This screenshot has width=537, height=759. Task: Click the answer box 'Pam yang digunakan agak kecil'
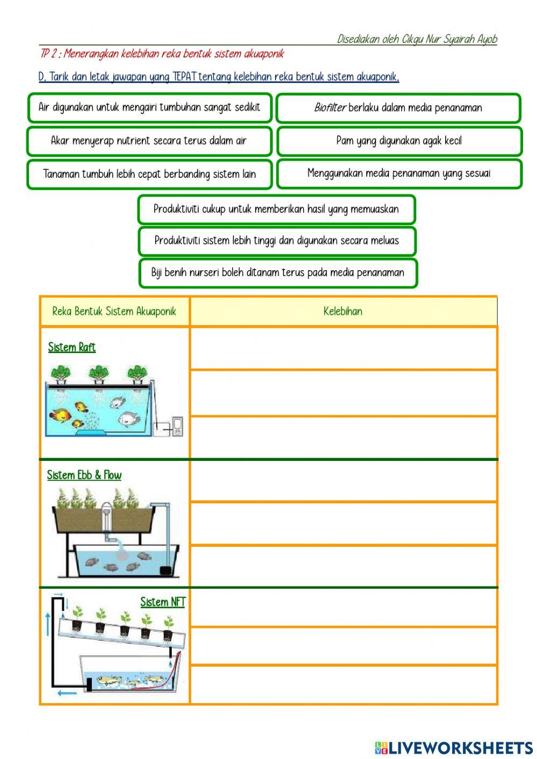398,141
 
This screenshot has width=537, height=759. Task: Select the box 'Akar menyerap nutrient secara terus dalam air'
149,141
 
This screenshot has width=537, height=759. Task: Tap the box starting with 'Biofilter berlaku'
398,107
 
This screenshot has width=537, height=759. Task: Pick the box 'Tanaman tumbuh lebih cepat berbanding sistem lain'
149,174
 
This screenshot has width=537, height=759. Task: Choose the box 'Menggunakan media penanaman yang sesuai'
399,174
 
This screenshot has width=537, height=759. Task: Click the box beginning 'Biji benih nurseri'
278,272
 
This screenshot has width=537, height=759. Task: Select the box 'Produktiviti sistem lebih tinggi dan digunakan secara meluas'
277,241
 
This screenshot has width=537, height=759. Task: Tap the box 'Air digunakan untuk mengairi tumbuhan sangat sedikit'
149,107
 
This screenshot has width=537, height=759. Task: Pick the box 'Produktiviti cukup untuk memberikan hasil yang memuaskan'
276,209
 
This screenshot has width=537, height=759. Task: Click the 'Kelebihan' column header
343,311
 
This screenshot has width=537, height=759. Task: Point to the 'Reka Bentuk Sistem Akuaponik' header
114,311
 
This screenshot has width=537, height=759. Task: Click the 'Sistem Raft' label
72,347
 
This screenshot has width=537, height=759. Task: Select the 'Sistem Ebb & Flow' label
84,475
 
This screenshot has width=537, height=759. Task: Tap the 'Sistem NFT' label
162,602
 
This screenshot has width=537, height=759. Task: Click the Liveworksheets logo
453,747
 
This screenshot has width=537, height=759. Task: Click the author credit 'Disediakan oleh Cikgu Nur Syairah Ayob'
417,39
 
